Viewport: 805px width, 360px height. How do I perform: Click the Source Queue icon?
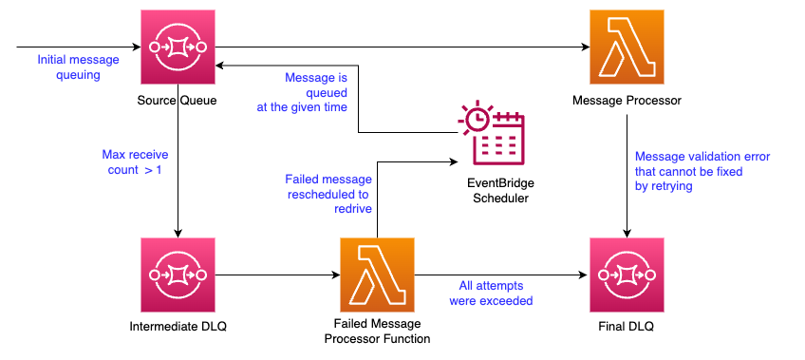[178, 47]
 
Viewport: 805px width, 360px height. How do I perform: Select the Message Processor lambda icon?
[627, 47]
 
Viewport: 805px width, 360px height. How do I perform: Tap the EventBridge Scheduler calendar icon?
[492, 133]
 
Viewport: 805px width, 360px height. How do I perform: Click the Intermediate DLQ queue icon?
[178, 275]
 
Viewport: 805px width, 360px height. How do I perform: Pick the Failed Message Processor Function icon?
[377, 275]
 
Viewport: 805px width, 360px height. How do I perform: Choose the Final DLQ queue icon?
[627, 275]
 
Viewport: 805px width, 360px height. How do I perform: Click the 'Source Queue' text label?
[178, 100]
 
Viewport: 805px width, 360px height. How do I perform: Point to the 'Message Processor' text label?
[627, 100]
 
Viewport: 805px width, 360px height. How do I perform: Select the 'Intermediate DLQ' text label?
[178, 326]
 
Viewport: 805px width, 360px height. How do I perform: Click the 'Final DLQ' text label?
[627, 326]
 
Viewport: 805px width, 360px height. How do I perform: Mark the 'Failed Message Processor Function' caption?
[378, 332]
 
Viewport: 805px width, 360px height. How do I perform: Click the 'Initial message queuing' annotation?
[78, 67]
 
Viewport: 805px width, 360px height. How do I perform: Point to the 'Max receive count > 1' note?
[135, 161]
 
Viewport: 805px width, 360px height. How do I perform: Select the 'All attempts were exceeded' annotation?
[491, 293]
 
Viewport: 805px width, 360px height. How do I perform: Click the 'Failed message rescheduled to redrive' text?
[328, 194]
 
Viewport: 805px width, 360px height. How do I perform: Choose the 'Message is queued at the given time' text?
[302, 93]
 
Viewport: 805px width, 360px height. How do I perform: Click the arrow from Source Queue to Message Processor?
[402, 47]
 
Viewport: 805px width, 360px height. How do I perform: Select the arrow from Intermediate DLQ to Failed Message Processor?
[277, 275]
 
